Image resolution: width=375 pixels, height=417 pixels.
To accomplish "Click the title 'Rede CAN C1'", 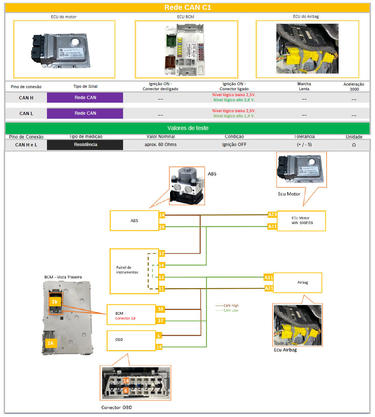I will tap(187, 8).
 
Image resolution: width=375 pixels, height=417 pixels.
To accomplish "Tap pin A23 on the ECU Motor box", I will tap(272, 215).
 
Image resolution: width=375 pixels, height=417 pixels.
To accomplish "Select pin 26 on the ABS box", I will tap(162, 227).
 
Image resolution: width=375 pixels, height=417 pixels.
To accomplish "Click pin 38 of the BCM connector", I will tap(160, 309).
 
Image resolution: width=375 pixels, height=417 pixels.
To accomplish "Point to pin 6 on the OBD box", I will tap(159, 336).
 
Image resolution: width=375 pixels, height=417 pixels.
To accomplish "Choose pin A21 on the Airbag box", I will tap(269, 288).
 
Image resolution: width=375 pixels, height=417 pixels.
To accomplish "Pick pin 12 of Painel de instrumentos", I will tap(162, 253).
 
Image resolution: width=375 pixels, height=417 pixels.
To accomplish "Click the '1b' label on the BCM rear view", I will tap(54, 302).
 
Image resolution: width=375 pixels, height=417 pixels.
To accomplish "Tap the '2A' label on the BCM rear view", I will tap(50, 342).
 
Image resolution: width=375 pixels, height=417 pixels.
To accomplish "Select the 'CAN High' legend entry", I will tap(227, 306).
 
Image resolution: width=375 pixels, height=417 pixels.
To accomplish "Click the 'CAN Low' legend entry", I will tap(227, 310).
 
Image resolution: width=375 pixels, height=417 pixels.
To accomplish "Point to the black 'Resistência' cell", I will tap(85, 145).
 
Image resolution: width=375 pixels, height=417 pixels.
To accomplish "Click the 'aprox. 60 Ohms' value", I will tap(161, 145).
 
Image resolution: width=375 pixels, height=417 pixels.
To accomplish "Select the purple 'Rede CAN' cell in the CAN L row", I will tap(85, 113).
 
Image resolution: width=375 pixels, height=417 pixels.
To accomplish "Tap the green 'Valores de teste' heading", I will tap(187, 128).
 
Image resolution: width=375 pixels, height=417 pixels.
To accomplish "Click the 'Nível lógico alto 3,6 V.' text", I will tap(234, 100).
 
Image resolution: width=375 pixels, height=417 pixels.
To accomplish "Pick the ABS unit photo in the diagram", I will tap(187, 186).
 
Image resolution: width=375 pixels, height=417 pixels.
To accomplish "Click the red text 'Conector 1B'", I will tap(126, 318).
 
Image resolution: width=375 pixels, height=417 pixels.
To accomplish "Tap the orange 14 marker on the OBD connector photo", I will tap(126, 381).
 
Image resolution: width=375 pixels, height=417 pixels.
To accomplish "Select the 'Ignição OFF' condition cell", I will tap(234, 145).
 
